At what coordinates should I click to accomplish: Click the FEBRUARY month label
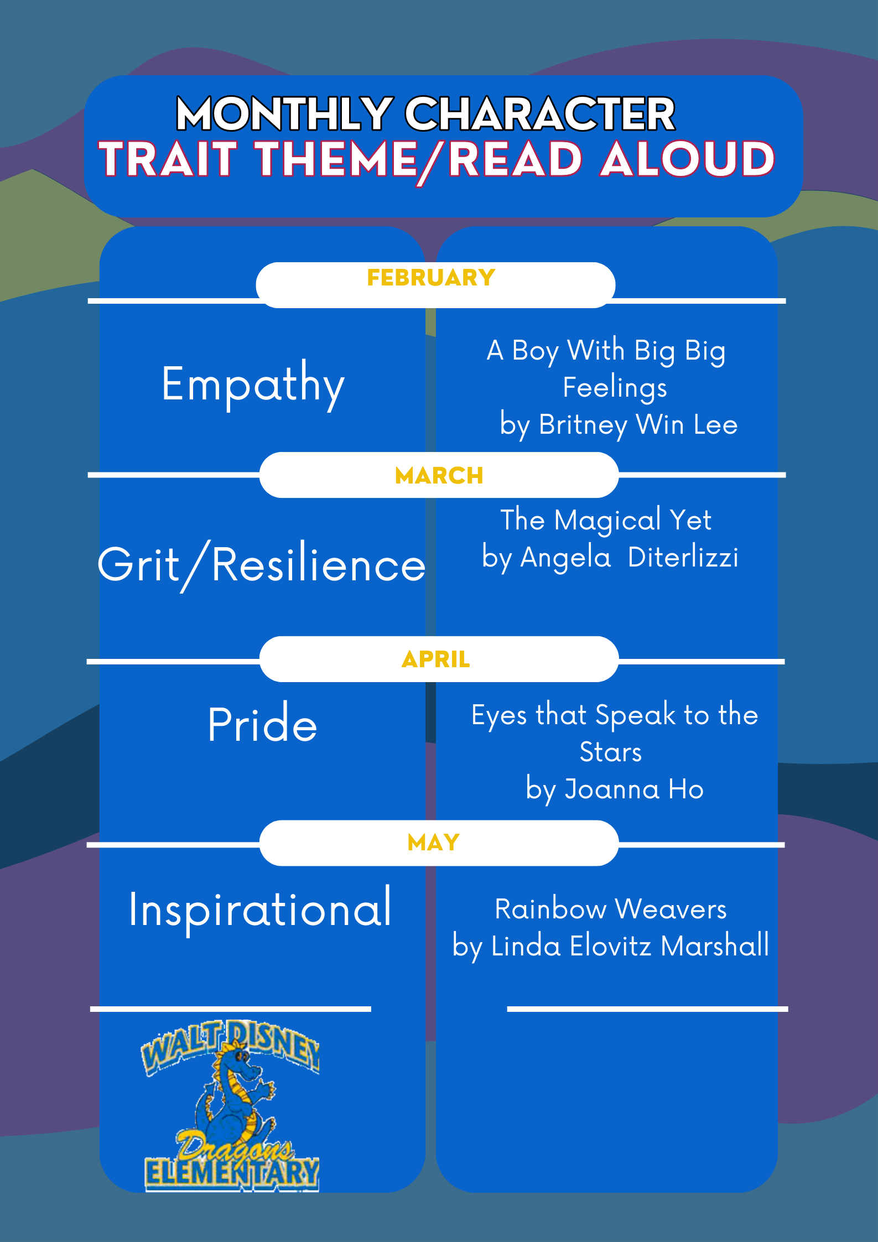click(431, 277)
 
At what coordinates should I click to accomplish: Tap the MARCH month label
click(439, 475)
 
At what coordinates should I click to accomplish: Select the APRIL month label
click(436, 659)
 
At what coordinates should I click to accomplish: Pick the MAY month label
click(434, 843)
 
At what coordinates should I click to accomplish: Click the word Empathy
click(253, 385)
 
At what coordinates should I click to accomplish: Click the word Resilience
click(319, 564)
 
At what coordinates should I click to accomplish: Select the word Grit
click(138, 564)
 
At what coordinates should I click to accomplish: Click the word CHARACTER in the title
click(540, 114)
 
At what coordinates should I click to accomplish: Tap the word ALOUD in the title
click(688, 159)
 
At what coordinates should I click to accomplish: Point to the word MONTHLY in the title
click(284, 114)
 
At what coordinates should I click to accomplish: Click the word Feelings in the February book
click(615, 388)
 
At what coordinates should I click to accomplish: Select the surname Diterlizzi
click(683, 557)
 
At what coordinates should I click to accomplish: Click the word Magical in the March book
click(607, 521)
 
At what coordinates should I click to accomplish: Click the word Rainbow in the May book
click(550, 910)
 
